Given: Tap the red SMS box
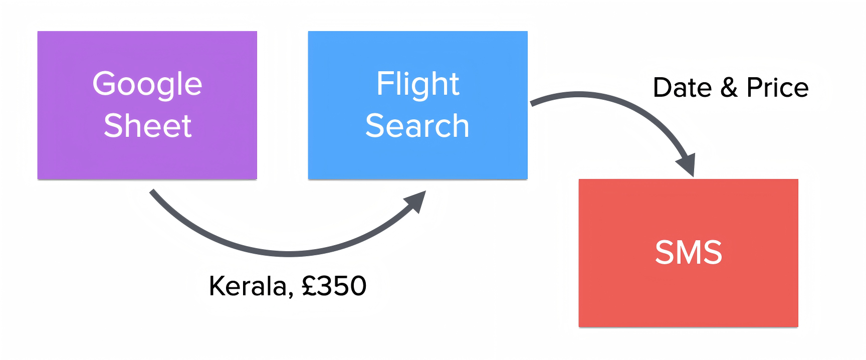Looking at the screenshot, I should [688, 296].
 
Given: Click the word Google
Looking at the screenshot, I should [147, 84].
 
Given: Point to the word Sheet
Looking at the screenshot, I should [147, 125].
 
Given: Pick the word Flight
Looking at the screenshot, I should [417, 84].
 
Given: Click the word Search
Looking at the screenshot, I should [417, 125].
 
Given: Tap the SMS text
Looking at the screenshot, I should [689, 252].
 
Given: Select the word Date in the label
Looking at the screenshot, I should [682, 88].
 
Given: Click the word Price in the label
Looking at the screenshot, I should [777, 88].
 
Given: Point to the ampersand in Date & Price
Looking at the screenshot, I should [729, 88].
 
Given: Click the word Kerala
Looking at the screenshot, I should [248, 286].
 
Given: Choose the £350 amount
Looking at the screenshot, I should [334, 286].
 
